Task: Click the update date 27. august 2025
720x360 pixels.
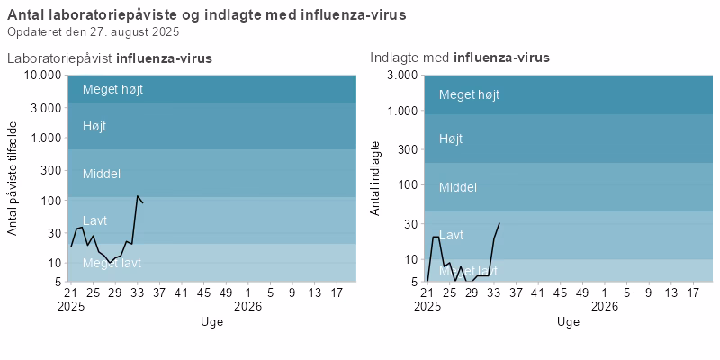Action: pos(94,31)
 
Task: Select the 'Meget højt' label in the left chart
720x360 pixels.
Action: pos(112,89)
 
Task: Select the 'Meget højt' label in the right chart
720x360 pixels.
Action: pos(469,94)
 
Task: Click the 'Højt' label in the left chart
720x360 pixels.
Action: pos(94,126)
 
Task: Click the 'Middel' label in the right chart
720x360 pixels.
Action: pos(457,187)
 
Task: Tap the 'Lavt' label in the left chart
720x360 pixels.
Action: pos(94,220)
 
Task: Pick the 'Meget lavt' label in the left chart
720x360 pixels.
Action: pos(112,263)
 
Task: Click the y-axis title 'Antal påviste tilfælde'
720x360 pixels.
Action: pos(13,178)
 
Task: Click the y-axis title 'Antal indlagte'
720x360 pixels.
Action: pos(375,178)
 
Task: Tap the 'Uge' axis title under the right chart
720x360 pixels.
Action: pos(568,321)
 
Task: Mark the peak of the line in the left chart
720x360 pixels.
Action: pos(138,196)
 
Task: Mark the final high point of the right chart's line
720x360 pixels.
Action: pos(499,222)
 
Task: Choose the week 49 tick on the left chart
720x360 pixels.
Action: pos(225,292)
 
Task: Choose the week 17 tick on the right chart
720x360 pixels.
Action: pos(693,292)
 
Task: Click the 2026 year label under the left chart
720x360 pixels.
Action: pos(247,305)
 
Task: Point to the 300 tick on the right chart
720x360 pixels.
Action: pos(406,148)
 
